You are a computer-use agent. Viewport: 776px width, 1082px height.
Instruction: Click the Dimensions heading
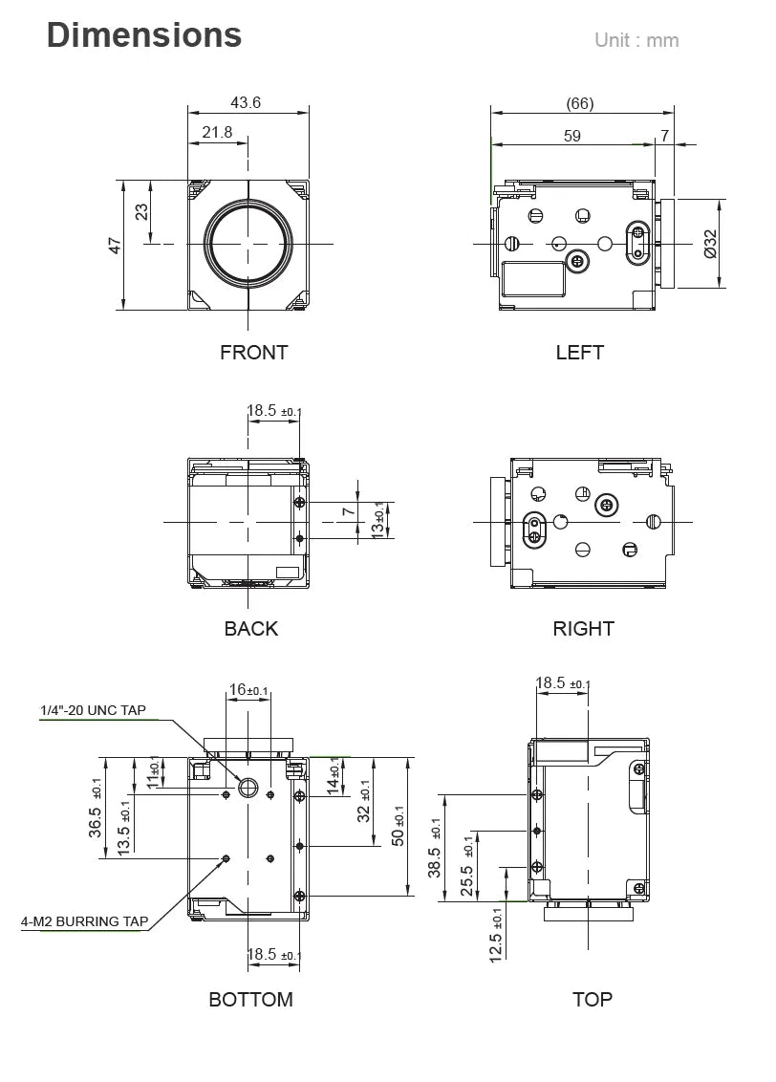click(x=144, y=35)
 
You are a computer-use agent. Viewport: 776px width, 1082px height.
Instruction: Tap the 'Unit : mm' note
click(x=636, y=40)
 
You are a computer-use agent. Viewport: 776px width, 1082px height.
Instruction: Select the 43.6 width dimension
click(x=246, y=103)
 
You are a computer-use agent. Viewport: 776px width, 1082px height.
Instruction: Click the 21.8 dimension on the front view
click(x=217, y=132)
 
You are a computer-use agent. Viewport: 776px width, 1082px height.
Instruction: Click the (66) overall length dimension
click(x=579, y=103)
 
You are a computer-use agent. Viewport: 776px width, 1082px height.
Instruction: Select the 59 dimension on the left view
click(x=571, y=136)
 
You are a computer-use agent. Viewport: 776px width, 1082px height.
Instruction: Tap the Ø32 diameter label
click(x=709, y=243)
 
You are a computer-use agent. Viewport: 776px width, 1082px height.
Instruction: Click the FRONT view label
click(x=253, y=352)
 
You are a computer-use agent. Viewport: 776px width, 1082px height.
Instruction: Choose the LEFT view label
click(x=579, y=352)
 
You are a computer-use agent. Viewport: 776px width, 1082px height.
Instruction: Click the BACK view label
click(x=250, y=628)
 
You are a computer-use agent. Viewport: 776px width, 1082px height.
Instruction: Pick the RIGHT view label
click(x=583, y=628)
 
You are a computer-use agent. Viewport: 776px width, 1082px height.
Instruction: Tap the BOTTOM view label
click(x=250, y=1000)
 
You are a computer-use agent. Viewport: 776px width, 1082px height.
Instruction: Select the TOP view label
click(x=592, y=1000)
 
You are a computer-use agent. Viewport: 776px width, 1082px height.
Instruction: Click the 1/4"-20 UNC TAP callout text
click(x=93, y=710)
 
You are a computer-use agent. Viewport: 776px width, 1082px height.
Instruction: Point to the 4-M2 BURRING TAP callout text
click(x=85, y=921)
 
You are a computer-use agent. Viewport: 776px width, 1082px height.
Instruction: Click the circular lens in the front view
click(x=248, y=244)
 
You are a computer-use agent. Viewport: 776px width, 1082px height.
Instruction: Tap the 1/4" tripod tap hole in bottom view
click(x=248, y=788)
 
